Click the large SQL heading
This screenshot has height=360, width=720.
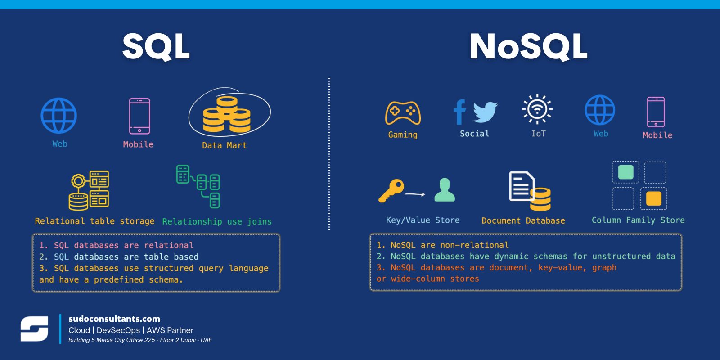click(x=156, y=47)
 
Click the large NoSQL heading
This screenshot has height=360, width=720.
click(x=528, y=47)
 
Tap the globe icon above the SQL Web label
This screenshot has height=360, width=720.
click(x=59, y=116)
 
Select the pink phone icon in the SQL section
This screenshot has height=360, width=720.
click(x=139, y=116)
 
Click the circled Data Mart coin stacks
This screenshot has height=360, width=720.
click(x=227, y=115)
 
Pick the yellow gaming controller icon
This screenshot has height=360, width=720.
click(x=403, y=113)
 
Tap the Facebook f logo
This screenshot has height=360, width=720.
click(x=459, y=112)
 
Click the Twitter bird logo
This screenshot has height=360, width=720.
click(x=486, y=112)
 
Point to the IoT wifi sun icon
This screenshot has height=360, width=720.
click(x=537, y=109)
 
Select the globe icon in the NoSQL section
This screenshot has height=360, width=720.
click(x=600, y=110)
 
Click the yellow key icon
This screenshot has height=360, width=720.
click(x=391, y=191)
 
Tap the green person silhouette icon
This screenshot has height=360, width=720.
click(x=445, y=189)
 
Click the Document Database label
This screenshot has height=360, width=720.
click(x=523, y=220)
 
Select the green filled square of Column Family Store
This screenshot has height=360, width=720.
click(x=626, y=172)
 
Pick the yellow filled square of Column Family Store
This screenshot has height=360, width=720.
click(x=653, y=198)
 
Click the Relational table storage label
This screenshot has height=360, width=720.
click(x=94, y=221)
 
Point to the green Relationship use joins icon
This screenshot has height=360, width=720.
click(x=198, y=186)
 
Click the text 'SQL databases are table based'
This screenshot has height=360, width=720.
click(x=126, y=257)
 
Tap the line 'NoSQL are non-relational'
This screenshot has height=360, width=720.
click(x=450, y=245)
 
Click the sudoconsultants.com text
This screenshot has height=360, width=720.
click(x=114, y=319)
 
